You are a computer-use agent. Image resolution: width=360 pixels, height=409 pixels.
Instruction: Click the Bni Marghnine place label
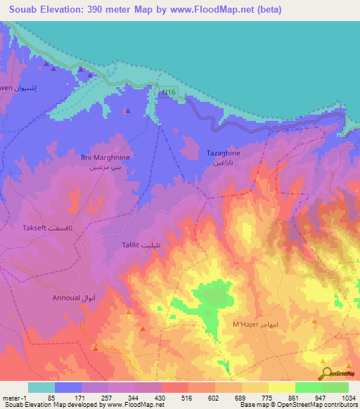(x=106, y=158)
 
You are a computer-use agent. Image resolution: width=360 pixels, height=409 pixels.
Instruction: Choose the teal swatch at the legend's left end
(x=41, y=387)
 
